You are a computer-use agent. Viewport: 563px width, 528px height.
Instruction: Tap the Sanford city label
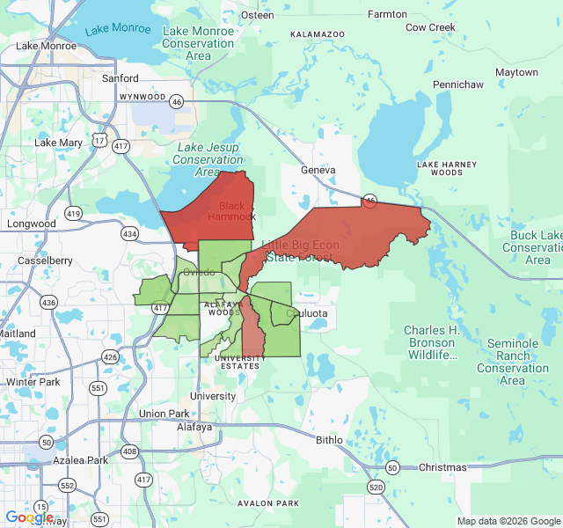(x=120, y=78)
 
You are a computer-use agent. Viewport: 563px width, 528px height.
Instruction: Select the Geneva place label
(x=318, y=170)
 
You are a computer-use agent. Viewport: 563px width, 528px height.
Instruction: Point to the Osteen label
(x=257, y=15)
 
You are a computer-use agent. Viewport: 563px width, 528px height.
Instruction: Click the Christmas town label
(x=443, y=467)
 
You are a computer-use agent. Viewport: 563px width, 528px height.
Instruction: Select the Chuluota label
(x=307, y=312)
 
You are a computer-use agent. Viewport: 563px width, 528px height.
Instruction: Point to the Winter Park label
(x=33, y=382)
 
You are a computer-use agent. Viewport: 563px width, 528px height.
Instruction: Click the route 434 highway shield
(x=130, y=233)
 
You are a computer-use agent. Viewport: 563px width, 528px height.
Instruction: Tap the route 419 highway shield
(x=73, y=213)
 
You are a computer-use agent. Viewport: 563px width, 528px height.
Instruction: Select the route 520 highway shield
(x=377, y=487)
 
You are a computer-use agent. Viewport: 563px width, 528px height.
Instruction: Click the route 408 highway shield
(x=130, y=451)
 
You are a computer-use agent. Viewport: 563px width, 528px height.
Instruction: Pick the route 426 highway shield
(x=110, y=356)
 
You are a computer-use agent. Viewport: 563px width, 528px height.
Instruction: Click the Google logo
(x=29, y=517)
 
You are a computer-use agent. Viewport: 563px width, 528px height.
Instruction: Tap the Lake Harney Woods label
(x=446, y=168)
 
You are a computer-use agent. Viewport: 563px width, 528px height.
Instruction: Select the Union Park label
(x=164, y=414)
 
